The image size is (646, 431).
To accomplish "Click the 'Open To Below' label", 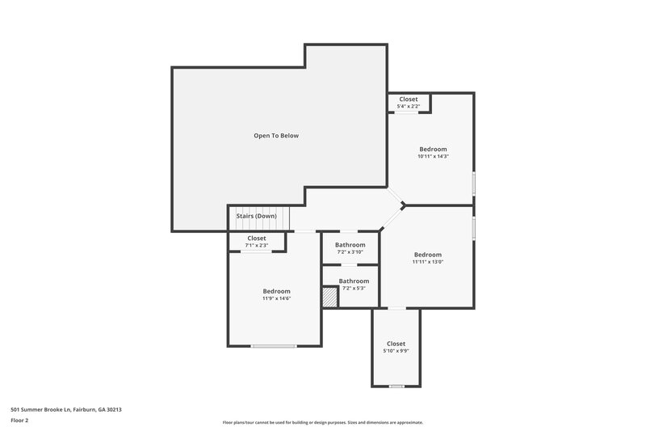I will click(276, 136).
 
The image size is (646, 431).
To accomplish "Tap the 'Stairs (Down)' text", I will click(256, 216).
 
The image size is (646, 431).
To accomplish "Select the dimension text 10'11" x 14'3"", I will click(433, 156).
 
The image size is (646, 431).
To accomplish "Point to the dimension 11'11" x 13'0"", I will click(428, 261).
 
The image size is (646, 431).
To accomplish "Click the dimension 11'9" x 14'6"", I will click(276, 298).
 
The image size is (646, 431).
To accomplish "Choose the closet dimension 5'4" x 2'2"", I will click(409, 106).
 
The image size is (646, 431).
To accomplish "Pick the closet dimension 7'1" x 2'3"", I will click(257, 246).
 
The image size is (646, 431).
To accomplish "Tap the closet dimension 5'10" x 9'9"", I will click(396, 351).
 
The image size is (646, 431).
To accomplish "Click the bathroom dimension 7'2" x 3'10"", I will click(350, 252).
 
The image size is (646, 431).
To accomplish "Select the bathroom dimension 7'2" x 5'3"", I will click(354, 288).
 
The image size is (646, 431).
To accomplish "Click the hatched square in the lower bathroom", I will click(329, 298).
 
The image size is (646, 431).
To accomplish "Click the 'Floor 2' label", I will click(20, 420).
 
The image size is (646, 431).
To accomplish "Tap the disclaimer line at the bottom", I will click(322, 422).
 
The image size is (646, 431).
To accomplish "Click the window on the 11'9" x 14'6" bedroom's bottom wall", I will click(273, 346).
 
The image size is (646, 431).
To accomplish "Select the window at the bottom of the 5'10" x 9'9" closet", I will click(396, 387).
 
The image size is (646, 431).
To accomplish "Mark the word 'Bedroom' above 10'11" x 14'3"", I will click(433, 149).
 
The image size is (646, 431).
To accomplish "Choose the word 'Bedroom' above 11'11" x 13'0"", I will click(428, 254).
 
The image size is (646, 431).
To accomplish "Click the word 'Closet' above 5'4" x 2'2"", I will click(409, 99).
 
